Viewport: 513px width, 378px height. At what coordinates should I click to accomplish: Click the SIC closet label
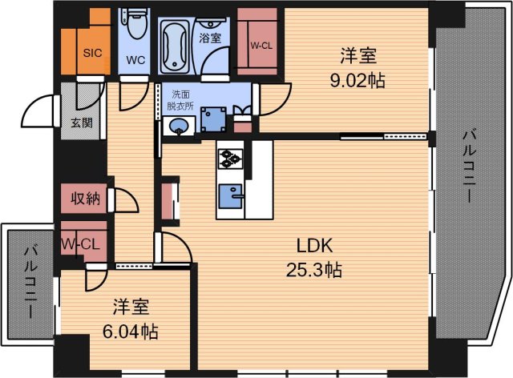pyautogui.click(x=93, y=54)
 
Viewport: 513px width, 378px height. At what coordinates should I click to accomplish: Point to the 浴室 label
pyautogui.click(x=211, y=37)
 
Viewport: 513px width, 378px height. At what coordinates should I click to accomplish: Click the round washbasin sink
pyautogui.click(x=179, y=125)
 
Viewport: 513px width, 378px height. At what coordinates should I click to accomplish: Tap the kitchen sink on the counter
pyautogui.click(x=233, y=195)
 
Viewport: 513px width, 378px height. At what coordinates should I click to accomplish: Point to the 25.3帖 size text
pyautogui.click(x=314, y=270)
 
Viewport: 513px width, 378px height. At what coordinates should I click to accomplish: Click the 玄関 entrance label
pyautogui.click(x=81, y=123)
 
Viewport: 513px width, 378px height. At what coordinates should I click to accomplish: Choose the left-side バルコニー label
pyautogui.click(x=28, y=281)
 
